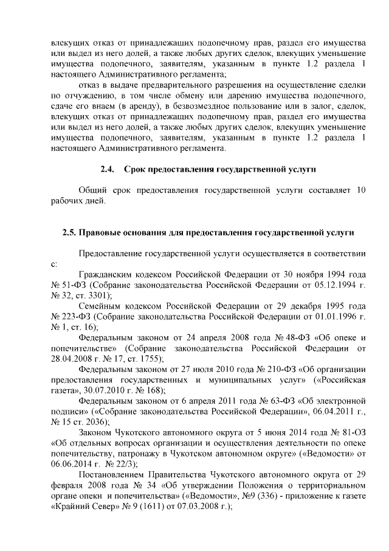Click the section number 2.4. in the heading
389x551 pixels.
108,169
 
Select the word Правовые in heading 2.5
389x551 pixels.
104,233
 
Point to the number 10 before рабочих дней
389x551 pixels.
360,191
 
